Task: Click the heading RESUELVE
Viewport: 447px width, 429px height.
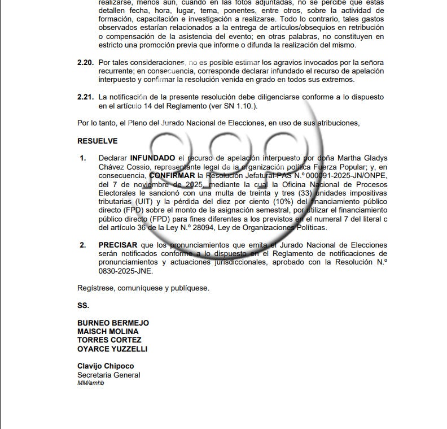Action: [x=98, y=141]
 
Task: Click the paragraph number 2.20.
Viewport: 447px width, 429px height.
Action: [x=85, y=62]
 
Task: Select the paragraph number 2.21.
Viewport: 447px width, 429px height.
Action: [x=85, y=97]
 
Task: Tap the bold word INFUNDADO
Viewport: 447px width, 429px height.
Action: [x=152, y=158]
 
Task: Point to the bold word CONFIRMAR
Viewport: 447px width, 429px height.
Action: [x=172, y=175]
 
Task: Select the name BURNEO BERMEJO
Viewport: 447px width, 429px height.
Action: [x=113, y=323]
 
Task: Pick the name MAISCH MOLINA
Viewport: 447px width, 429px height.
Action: [x=108, y=331]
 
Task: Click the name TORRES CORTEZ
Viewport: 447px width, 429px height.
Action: [x=109, y=340]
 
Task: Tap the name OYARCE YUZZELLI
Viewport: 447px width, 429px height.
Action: [x=112, y=349]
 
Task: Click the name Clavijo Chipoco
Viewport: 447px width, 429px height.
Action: [x=106, y=366]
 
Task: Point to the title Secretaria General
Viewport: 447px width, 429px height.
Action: [x=109, y=375]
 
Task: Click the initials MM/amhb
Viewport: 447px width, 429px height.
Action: [x=91, y=383]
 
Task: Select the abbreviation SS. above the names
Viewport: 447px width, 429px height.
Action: [x=83, y=305]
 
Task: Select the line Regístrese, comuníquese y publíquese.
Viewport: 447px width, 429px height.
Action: [x=143, y=288]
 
